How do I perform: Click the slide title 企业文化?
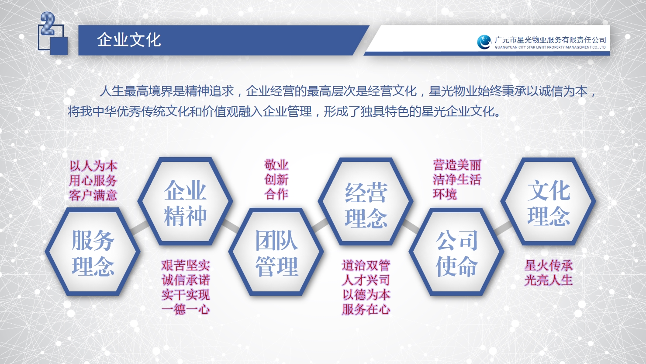[129, 39]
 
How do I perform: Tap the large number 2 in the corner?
[47, 24]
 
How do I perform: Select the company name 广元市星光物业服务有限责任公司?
[550, 39]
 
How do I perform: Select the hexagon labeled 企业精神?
[185, 202]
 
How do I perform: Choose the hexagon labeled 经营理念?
[366, 202]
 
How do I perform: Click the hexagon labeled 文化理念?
[549, 202]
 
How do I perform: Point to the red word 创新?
[276, 180]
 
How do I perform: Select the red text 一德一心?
[186, 309]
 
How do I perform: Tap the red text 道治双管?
[366, 266]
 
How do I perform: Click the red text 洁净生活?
[457, 180]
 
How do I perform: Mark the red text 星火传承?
[549, 266]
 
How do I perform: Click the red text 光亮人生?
[549, 280]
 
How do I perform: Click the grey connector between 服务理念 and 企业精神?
[140, 227]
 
